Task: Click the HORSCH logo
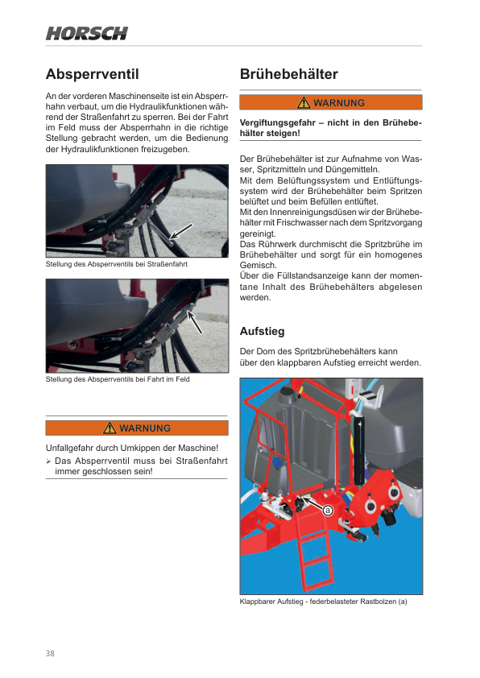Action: click(87, 33)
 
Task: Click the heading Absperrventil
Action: click(92, 74)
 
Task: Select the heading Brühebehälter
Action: click(289, 74)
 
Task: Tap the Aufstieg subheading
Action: click(262, 331)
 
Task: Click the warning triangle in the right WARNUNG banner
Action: click(304, 102)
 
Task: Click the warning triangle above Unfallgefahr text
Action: click(110, 428)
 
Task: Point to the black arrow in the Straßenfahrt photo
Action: click(180, 231)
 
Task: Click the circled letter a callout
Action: click(327, 511)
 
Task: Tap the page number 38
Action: click(50, 653)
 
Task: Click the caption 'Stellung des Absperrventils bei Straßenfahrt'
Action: click(116, 264)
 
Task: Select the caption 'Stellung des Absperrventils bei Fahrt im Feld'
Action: click(118, 379)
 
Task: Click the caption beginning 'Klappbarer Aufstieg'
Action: click(324, 602)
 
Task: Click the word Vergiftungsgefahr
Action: click(278, 123)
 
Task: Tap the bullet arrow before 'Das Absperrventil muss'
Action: click(48, 461)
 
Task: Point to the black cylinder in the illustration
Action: click(359, 449)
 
